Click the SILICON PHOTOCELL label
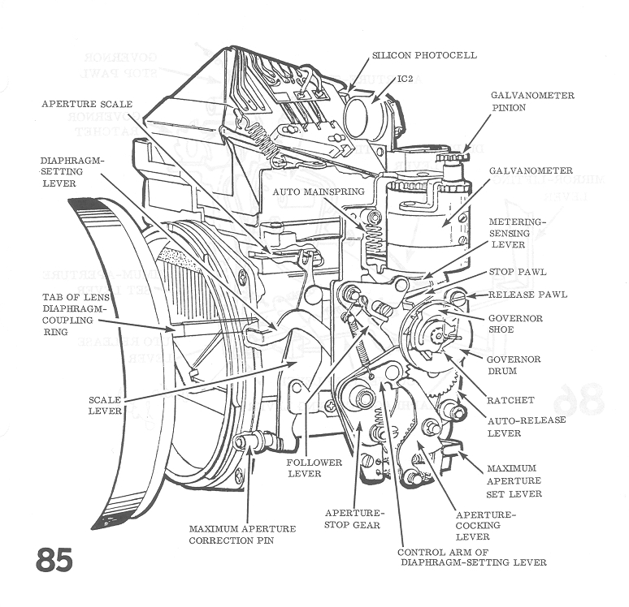pyautogui.click(x=424, y=56)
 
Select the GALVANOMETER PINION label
pyautogui.click(x=531, y=101)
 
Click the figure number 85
pyautogui.click(x=54, y=560)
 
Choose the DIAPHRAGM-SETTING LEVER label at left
pyautogui.click(x=72, y=172)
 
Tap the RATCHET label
pyautogui.click(x=512, y=400)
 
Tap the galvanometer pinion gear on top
pyautogui.click(x=453, y=157)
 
